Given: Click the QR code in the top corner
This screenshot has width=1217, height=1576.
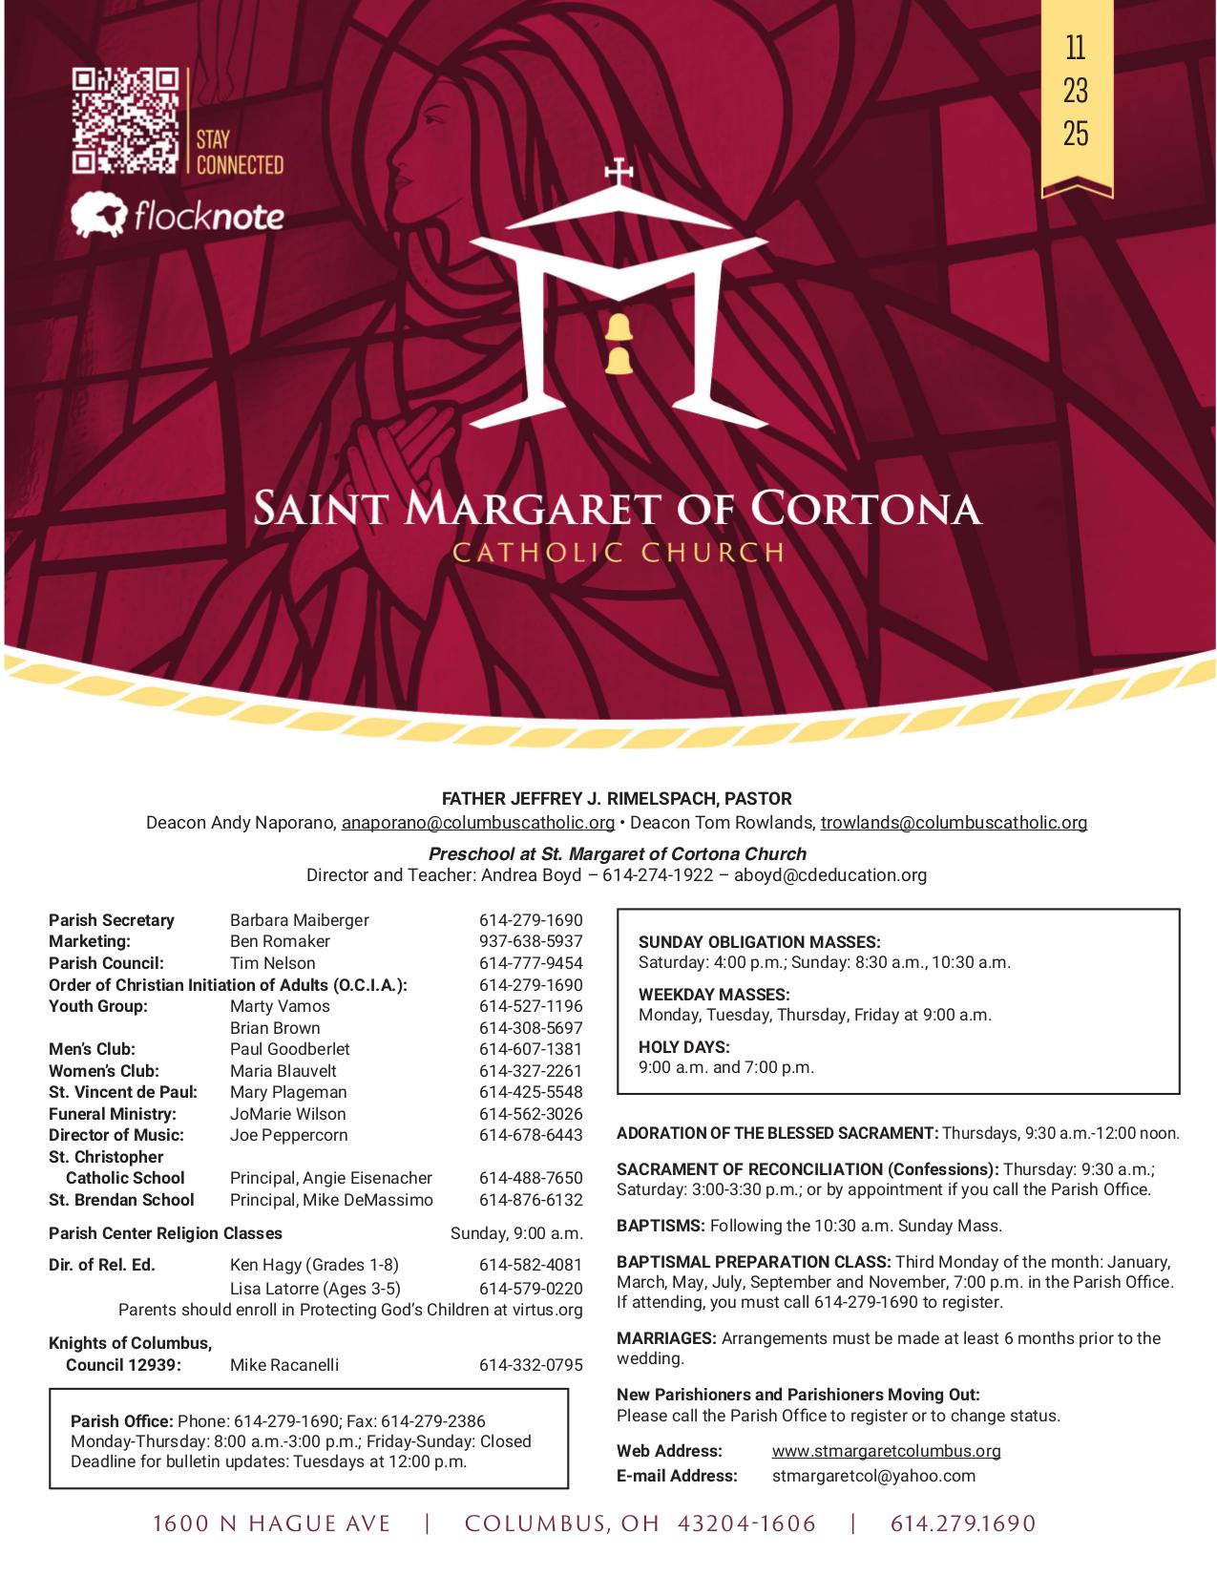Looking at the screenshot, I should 126,120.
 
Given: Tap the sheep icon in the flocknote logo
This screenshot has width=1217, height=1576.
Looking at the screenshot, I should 100,216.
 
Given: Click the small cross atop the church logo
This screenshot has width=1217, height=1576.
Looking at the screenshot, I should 619,173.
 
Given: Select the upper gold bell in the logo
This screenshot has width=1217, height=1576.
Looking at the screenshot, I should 619,327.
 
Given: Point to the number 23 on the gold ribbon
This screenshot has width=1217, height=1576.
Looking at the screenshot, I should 1076,91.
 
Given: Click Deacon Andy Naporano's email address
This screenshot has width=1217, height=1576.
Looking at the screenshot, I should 477,822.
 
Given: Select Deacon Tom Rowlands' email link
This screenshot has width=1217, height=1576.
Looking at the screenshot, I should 954,822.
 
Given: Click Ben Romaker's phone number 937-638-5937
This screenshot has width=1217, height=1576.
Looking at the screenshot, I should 530,941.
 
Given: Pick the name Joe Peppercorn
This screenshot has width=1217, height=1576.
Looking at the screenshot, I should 288,1135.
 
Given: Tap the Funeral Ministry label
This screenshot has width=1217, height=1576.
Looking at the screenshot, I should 113,1113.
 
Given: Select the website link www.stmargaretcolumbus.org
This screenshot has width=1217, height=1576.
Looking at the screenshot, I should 886,1451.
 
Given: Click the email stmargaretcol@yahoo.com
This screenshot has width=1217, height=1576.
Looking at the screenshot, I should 873,1476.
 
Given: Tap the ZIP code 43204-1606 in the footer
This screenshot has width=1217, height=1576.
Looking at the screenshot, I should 746,1524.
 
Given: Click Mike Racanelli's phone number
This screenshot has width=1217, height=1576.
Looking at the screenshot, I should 530,1365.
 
